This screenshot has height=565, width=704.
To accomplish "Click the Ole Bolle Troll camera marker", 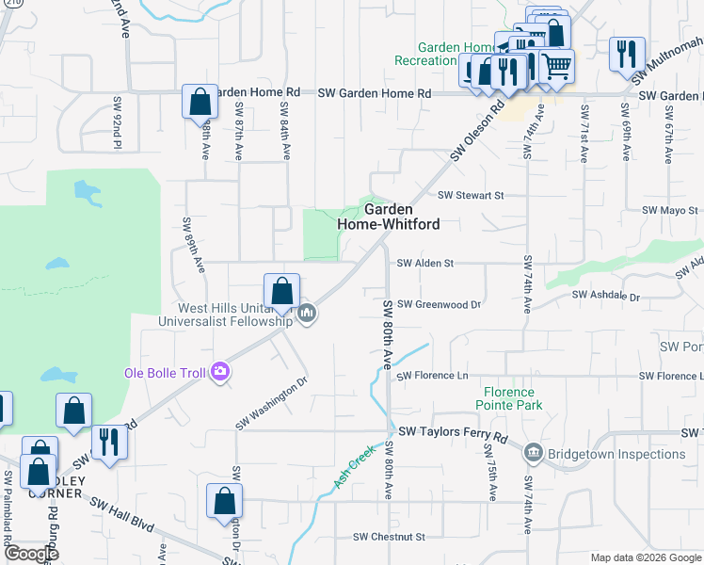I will [221, 373].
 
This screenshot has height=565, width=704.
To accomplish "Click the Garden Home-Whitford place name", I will [389, 218].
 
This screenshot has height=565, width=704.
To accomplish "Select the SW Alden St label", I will [425, 264].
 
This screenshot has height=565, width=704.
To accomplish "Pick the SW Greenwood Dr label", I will [439, 304].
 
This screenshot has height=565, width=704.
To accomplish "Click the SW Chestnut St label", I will [389, 537].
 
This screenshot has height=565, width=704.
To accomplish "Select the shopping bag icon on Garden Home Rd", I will [200, 101].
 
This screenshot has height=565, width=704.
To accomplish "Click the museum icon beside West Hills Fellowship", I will [307, 314].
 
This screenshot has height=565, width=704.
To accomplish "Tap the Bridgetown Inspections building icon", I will [534, 454].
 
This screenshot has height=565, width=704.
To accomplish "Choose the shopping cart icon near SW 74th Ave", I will [556, 65].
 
